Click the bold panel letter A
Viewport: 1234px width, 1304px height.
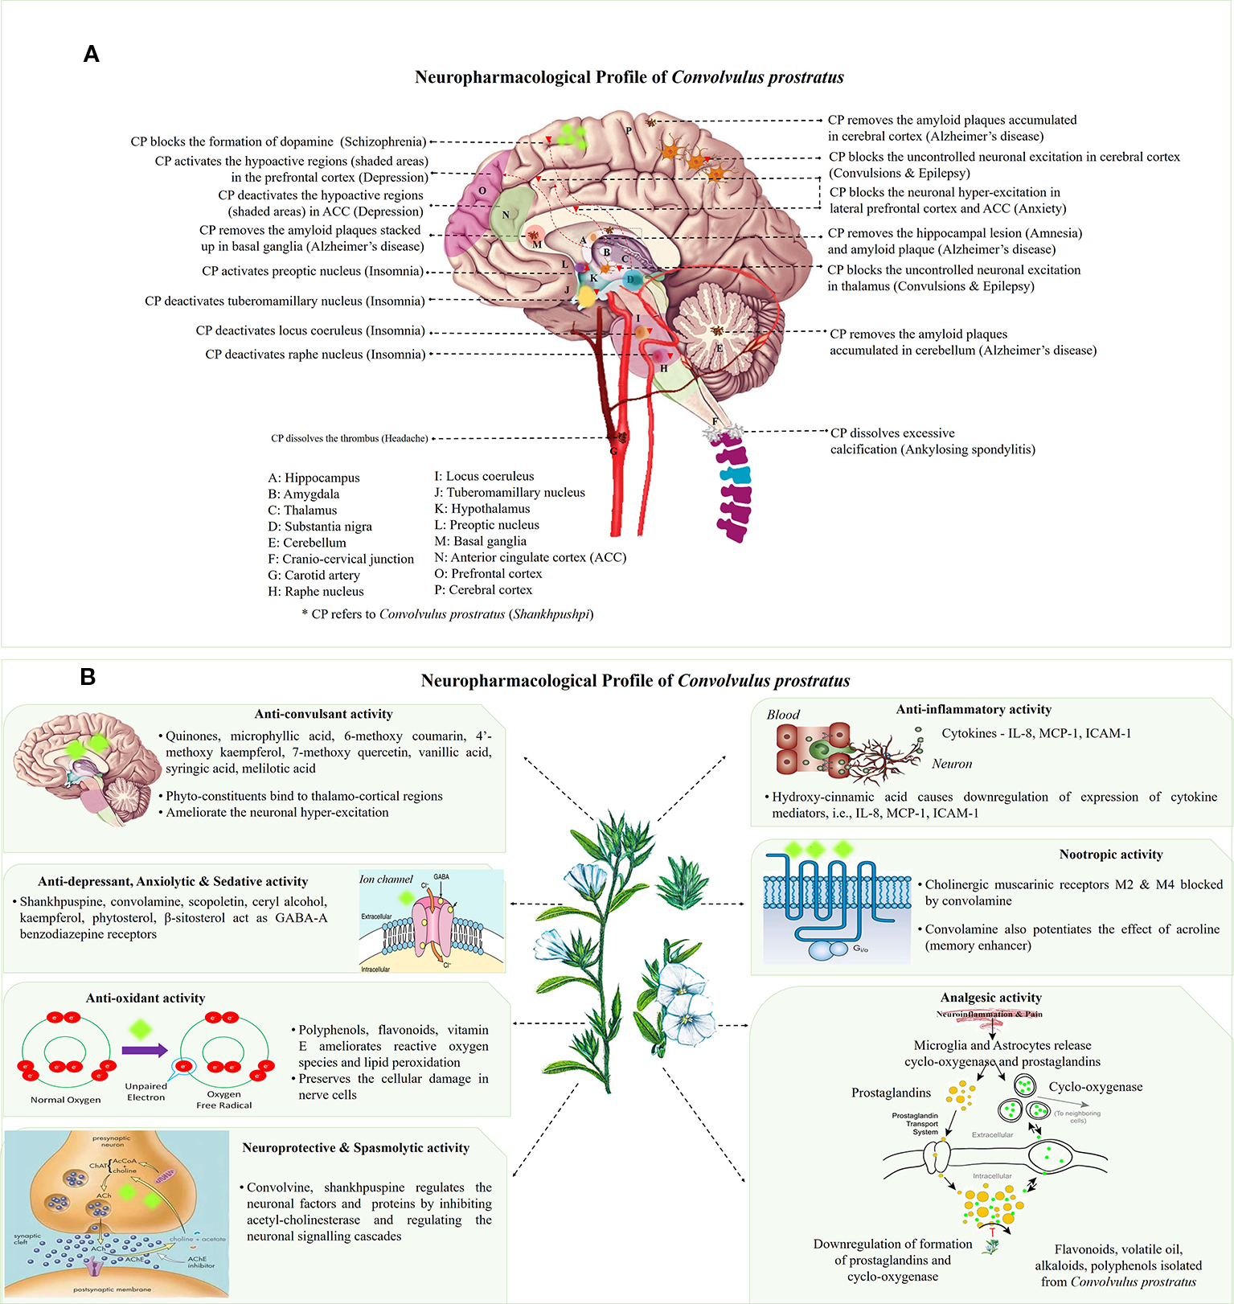pyautogui.click(x=91, y=54)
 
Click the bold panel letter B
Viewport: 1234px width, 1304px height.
pyautogui.click(x=88, y=677)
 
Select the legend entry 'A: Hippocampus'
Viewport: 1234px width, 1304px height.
pyautogui.click(x=314, y=478)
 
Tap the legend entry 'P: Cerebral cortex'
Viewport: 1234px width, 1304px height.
pyautogui.click(x=483, y=589)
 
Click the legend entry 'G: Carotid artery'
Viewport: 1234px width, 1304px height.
pyautogui.click(x=314, y=575)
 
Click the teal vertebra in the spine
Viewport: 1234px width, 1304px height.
pyautogui.click(x=737, y=476)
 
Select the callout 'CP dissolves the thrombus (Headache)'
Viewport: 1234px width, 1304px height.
pyautogui.click(x=349, y=438)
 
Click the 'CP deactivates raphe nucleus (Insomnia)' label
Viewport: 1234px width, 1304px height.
pyautogui.click(x=314, y=355)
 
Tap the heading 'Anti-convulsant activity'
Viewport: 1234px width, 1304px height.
pyautogui.click(x=323, y=714)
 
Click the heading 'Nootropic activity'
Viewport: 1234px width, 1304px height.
pyautogui.click(x=1110, y=855)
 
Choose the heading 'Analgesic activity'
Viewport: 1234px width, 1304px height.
pyautogui.click(x=990, y=998)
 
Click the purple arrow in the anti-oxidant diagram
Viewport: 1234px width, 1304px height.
pyautogui.click(x=145, y=1050)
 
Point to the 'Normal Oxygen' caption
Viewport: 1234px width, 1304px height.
pyautogui.click(x=65, y=1100)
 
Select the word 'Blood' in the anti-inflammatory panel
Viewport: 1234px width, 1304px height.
pyautogui.click(x=782, y=715)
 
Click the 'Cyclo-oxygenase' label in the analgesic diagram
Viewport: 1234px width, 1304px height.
pyautogui.click(x=1095, y=1087)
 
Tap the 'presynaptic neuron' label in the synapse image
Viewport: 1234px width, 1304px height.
pyautogui.click(x=112, y=1141)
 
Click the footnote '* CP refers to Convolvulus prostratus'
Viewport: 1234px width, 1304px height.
pyautogui.click(x=447, y=614)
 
